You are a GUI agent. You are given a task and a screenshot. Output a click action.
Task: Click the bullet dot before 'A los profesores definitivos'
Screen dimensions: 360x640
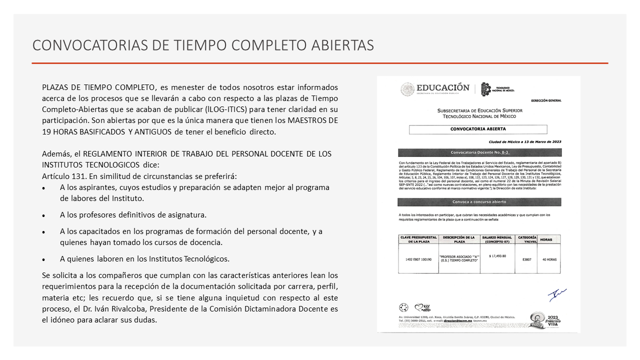tap(44, 216)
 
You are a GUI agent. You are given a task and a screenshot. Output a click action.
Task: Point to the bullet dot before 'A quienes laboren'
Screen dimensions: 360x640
tap(44, 260)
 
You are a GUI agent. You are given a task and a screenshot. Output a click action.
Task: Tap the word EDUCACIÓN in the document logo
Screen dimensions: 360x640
tap(443, 88)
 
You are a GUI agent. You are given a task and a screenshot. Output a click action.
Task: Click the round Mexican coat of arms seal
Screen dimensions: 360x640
tap(407, 89)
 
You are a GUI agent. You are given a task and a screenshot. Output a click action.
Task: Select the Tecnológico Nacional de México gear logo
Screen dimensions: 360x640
tap(486, 89)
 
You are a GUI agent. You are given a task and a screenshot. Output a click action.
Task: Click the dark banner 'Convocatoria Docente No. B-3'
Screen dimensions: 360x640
tap(479, 152)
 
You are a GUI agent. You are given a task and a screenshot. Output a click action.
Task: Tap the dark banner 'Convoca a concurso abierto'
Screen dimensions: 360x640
tap(479, 202)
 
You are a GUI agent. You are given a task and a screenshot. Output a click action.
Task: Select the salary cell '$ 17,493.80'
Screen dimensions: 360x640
tap(497, 256)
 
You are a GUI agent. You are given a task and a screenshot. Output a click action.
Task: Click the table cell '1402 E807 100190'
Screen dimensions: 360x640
tap(418, 259)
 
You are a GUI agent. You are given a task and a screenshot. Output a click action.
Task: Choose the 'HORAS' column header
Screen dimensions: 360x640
tap(546, 239)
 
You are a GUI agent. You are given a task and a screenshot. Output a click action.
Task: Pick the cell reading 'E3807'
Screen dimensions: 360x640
tap(526, 259)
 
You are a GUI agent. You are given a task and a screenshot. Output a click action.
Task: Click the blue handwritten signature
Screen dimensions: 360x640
tap(556, 294)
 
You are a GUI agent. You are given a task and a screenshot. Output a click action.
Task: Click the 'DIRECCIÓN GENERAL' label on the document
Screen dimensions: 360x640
tap(546, 100)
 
